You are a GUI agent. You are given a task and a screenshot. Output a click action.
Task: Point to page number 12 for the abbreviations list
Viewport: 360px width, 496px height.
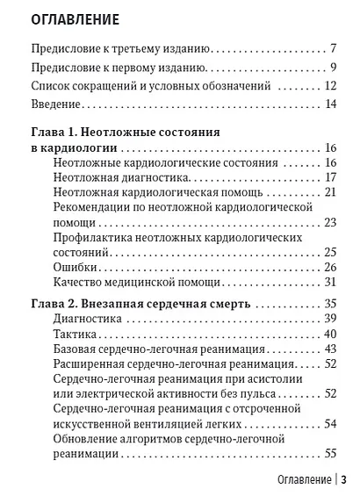pyautogui.click(x=330, y=86)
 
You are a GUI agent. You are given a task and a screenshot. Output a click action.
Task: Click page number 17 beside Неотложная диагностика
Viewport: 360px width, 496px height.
pyautogui.click(x=330, y=177)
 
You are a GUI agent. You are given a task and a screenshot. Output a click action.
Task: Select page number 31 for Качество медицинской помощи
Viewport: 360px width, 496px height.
pyautogui.click(x=330, y=282)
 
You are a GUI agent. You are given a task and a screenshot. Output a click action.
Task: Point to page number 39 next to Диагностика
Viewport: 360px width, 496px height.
pyautogui.click(x=330, y=319)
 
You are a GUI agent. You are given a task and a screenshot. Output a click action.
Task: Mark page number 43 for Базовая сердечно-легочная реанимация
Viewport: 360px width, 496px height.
pyautogui.click(x=330, y=349)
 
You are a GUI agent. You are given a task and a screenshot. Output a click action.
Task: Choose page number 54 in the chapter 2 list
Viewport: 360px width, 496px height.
pyautogui.click(x=330, y=424)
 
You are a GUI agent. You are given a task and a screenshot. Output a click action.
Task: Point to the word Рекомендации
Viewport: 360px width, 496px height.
pyautogui.click(x=96, y=207)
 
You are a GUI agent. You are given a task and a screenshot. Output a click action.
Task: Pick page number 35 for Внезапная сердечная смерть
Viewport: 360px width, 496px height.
pyautogui.click(x=330, y=304)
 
